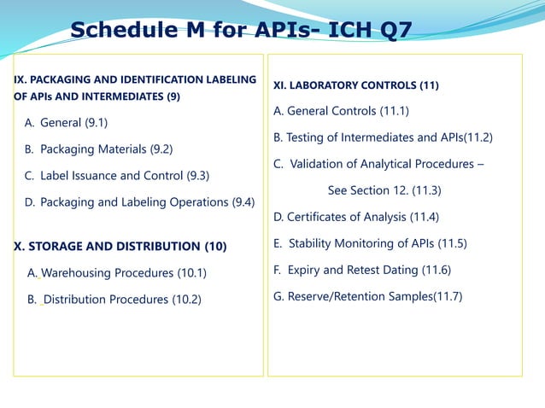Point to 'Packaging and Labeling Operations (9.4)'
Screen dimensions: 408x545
147,202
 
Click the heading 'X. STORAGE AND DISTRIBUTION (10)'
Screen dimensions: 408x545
120,247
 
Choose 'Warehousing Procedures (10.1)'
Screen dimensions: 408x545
124,273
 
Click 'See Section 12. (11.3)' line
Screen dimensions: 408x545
384,190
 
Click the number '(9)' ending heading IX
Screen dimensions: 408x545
173,96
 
